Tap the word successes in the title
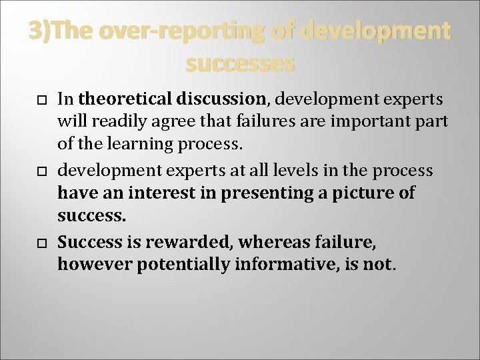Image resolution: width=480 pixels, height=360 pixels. [240, 64]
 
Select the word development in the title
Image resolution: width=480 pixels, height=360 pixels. [376, 31]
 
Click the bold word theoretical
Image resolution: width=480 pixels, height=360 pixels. [124, 99]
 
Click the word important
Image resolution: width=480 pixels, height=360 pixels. [376, 122]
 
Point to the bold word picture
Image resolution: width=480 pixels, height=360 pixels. [353, 193]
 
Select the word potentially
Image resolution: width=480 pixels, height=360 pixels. [178, 265]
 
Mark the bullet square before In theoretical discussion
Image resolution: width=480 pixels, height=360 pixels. [41, 101]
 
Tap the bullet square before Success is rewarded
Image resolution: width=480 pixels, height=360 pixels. [41, 243]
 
